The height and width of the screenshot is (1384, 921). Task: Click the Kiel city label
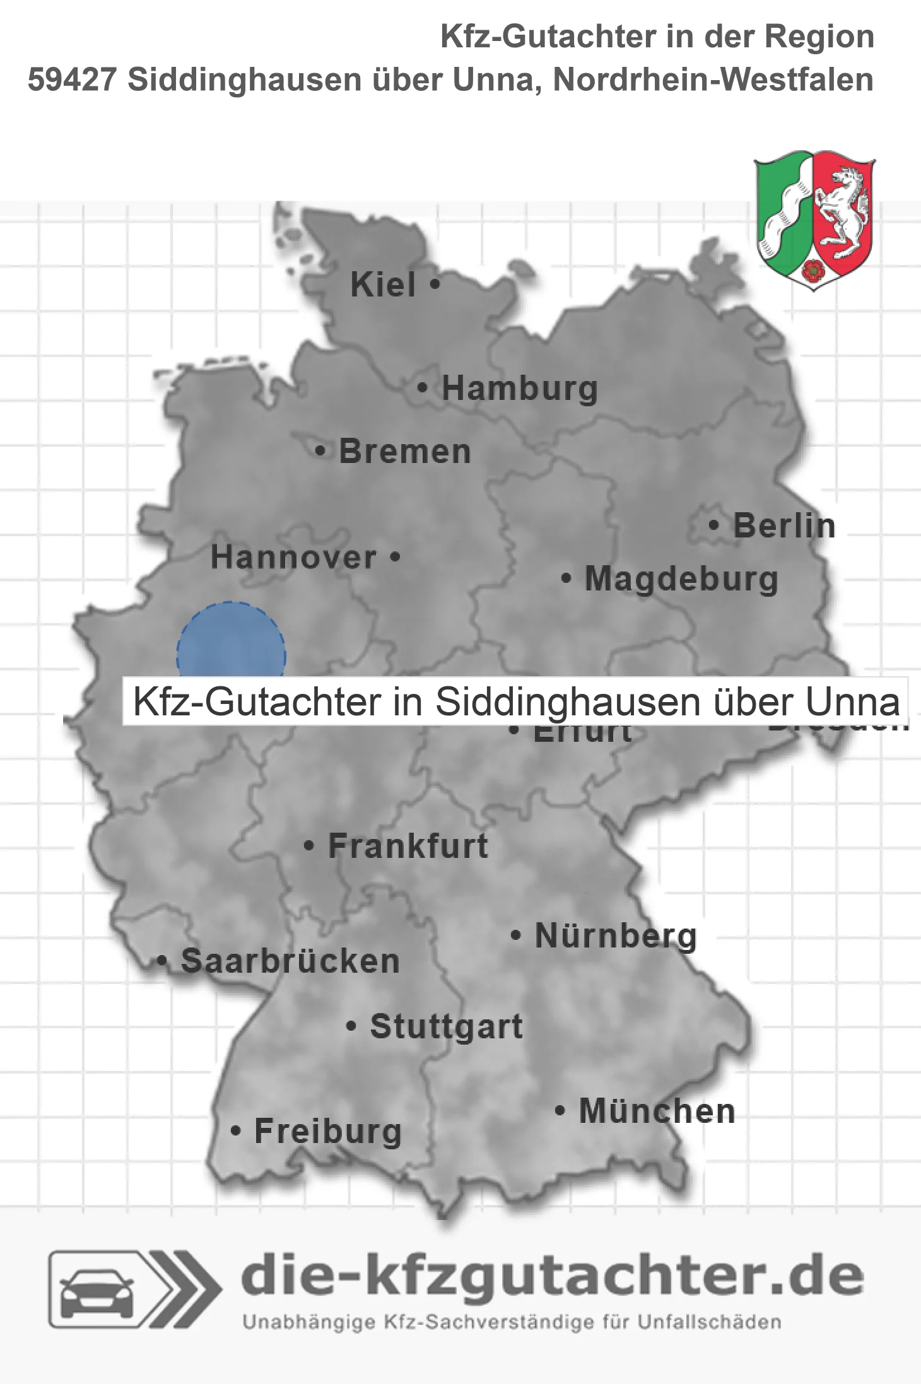coord(383,285)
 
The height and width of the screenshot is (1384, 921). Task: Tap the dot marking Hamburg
coord(423,388)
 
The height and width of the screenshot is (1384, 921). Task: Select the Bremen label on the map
coord(405,452)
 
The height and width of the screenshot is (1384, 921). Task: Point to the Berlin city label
coord(784,525)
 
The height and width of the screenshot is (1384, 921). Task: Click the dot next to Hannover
coord(396,557)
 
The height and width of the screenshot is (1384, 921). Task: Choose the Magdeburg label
coord(681,578)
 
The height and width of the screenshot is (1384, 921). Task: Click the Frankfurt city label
coord(408,846)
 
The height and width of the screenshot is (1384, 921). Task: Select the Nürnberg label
coord(616,935)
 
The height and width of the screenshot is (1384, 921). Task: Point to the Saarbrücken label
coord(290,961)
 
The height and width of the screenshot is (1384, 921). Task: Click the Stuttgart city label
coord(446,1026)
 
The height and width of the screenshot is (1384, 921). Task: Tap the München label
coord(657,1111)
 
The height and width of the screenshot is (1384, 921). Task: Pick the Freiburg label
coord(328,1131)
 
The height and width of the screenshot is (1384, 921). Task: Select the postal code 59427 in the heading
coord(72,80)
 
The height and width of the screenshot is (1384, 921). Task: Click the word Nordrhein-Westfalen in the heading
coord(713,80)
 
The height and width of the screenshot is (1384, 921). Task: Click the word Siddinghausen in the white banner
coord(567,701)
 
